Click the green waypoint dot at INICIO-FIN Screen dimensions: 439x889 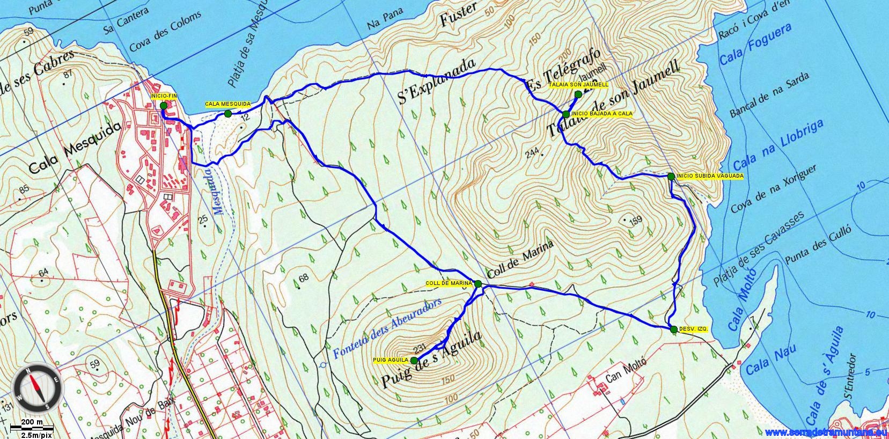click(x=164, y=106)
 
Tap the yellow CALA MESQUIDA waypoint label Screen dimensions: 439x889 click(x=220, y=104)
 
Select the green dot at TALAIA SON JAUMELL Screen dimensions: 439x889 click(x=578, y=94)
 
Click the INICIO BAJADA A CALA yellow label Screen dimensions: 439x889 click(x=602, y=114)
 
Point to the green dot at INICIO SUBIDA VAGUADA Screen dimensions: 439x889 click(x=671, y=176)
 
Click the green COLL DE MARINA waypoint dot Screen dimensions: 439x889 click(x=478, y=283)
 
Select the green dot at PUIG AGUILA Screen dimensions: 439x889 click(x=414, y=361)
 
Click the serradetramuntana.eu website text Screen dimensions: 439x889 click(x=826, y=433)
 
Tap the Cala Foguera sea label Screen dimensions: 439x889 click(x=755, y=45)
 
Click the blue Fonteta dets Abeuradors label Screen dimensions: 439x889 click(x=386, y=328)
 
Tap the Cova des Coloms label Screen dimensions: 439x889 click(x=165, y=32)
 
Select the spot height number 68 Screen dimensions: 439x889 click(x=304, y=277)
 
